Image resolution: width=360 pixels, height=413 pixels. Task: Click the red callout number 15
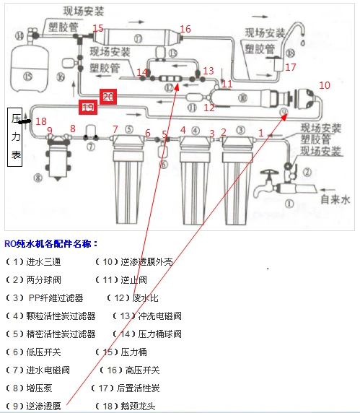click(x=98, y=29)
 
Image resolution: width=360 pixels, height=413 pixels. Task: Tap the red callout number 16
click(x=185, y=29)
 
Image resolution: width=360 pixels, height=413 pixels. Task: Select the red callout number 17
click(x=291, y=67)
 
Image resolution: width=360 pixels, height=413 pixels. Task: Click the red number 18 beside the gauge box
click(x=41, y=121)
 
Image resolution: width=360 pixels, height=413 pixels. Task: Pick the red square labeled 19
click(x=88, y=108)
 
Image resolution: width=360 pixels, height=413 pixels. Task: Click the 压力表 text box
click(x=17, y=138)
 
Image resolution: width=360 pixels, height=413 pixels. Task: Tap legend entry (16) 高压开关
click(x=132, y=370)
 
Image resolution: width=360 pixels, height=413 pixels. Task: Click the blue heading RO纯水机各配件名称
click(x=51, y=243)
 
